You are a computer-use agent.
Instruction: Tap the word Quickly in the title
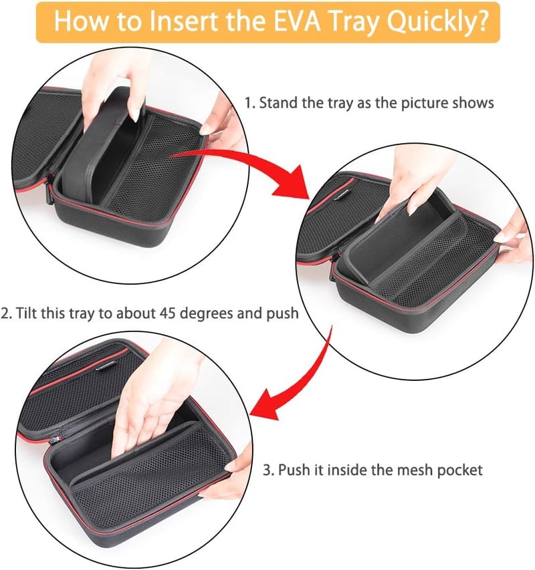click(x=430, y=22)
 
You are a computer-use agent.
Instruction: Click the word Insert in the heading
click(x=185, y=21)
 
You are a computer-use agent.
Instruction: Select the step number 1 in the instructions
click(x=248, y=103)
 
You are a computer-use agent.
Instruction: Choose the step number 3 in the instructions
click(x=267, y=470)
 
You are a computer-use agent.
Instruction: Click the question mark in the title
click(x=481, y=21)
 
